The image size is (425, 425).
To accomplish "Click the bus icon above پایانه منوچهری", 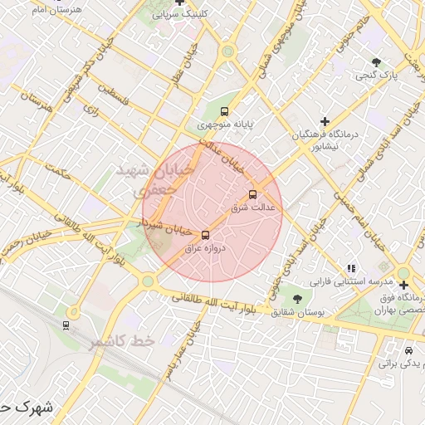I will point(223,111).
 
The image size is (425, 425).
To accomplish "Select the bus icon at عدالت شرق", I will point(253,195).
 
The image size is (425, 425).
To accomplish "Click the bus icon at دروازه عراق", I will point(206,235).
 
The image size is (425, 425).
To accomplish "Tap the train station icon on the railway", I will point(66,324).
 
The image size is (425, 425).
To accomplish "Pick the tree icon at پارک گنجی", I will point(378,62).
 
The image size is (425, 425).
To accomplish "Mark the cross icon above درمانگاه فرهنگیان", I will point(325,121).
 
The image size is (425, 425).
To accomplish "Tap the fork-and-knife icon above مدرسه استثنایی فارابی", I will point(351,268).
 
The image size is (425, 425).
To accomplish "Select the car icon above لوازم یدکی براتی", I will point(408,350).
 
